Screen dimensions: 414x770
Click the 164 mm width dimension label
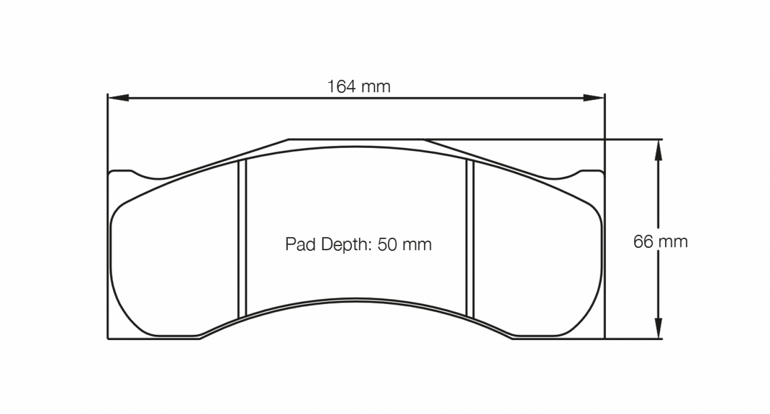[x=359, y=86]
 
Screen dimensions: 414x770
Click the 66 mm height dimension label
[x=660, y=242]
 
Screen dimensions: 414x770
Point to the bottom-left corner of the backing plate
[x=109, y=338]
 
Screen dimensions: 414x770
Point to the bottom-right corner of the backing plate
[x=604, y=338]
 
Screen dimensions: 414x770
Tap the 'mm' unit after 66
[x=672, y=242]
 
